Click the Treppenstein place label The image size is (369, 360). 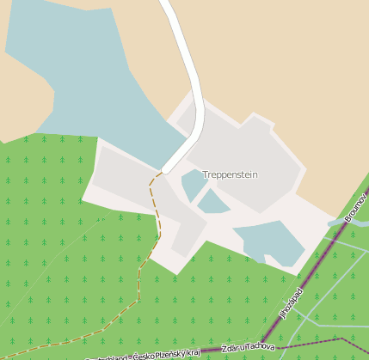click(230, 174)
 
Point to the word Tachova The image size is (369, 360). click(261, 346)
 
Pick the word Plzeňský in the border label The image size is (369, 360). click(169, 353)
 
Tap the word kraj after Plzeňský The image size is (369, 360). click(194, 351)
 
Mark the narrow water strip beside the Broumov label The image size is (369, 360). click(344, 222)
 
